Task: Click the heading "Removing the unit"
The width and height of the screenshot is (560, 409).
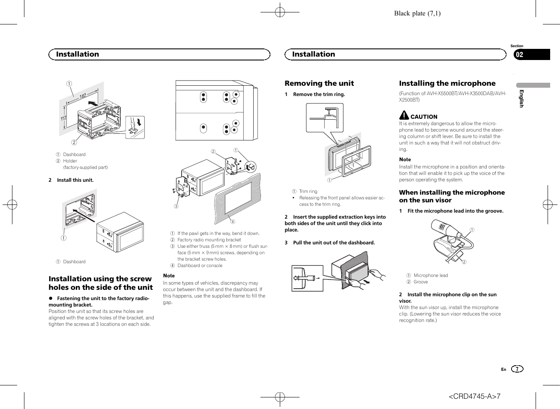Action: [x=319, y=84]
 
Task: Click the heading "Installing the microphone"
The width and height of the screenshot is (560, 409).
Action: [x=447, y=84]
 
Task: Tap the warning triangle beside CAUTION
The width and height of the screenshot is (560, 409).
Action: [x=404, y=115]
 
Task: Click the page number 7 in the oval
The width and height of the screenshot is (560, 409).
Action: [x=517, y=369]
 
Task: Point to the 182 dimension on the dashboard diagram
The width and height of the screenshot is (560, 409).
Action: [x=83, y=96]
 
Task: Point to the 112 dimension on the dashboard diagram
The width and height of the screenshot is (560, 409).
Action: [x=63, y=118]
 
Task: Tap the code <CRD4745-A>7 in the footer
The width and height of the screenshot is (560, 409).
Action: [x=474, y=396]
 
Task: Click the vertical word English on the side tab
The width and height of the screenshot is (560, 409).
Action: [x=521, y=99]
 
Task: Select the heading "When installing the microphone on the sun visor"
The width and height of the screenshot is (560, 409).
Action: [x=452, y=196]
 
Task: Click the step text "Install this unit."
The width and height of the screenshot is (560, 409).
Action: [x=75, y=180]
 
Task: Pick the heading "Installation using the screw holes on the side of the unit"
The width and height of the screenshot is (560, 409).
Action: [x=101, y=283]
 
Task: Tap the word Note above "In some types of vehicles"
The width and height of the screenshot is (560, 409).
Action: [x=169, y=276]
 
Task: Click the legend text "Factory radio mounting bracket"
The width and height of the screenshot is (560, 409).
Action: [x=209, y=240]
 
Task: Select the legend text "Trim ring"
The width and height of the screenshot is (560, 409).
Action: [x=308, y=192]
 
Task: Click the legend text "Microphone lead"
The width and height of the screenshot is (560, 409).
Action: [x=431, y=276]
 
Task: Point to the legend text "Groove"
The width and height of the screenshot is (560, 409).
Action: [x=420, y=282]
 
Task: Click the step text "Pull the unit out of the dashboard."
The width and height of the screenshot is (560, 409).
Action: [x=334, y=243]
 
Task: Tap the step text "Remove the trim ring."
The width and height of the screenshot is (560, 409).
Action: [x=319, y=94]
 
